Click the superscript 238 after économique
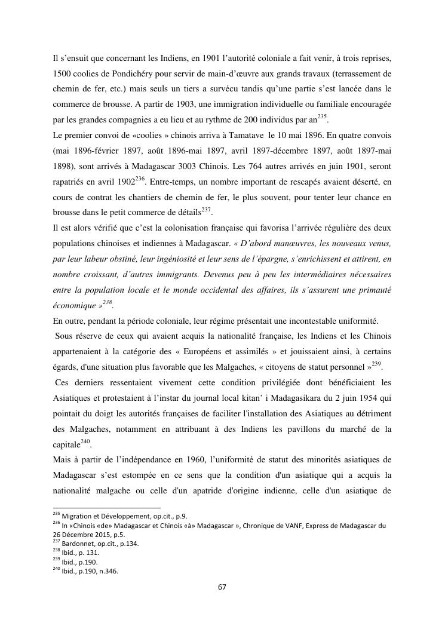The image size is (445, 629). [107, 303]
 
